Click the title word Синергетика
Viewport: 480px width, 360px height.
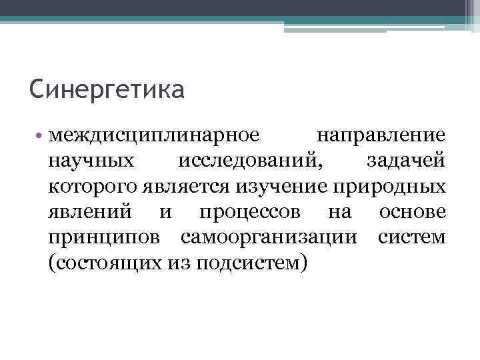tap(107, 89)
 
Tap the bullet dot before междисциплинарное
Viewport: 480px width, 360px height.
tap(41, 136)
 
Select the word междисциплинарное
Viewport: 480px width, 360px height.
tap(154, 136)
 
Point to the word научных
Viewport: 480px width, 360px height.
tap(89, 161)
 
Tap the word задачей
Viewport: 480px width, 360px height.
tap(405, 161)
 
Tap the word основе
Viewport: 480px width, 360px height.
tap(412, 212)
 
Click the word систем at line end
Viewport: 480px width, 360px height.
tap(411, 237)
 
